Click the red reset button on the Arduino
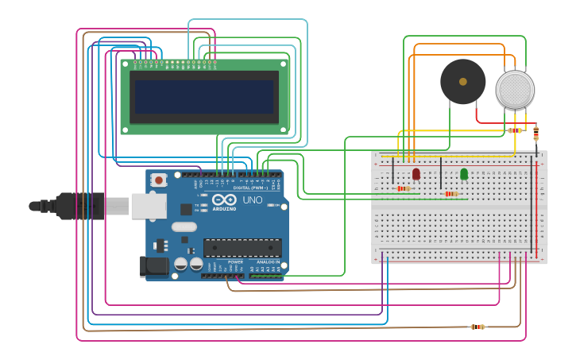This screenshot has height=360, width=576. coord(159,180)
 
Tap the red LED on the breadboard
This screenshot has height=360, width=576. coord(416,173)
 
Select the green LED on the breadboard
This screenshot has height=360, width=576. coord(464,173)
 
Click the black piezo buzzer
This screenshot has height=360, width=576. coord(462,81)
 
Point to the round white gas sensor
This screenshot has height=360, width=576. coord(515,89)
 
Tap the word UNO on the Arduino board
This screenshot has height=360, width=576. coord(252,199)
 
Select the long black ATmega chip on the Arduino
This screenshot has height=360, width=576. coord(242,247)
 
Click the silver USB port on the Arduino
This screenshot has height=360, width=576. coord(149,206)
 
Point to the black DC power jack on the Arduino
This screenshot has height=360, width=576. coord(154,266)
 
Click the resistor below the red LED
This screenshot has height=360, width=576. coord(404,188)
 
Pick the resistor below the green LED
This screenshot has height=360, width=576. coord(451,194)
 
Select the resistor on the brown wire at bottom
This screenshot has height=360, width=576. coord(477,327)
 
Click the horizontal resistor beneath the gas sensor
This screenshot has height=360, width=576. coord(515,130)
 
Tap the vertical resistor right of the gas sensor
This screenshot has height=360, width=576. coord(536,134)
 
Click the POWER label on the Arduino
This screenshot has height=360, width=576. coord(236,261)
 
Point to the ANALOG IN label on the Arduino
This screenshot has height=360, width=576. coord(268,261)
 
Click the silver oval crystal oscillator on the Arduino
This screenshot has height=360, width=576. coord(184,226)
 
